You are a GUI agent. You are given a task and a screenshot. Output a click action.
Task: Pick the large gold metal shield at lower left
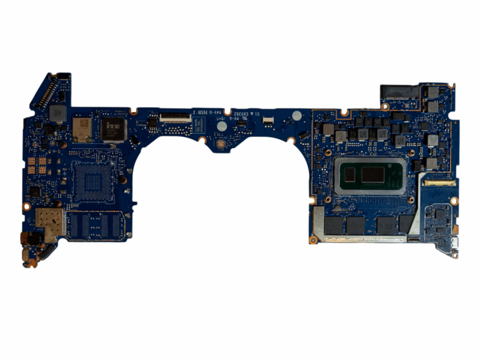pos(48,223)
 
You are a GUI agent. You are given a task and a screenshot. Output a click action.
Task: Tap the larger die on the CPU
pos(373,175)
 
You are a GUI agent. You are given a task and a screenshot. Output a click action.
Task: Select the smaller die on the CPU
pos(349,176)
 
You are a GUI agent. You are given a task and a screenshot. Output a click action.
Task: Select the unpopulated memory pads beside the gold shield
pos(96,225)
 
